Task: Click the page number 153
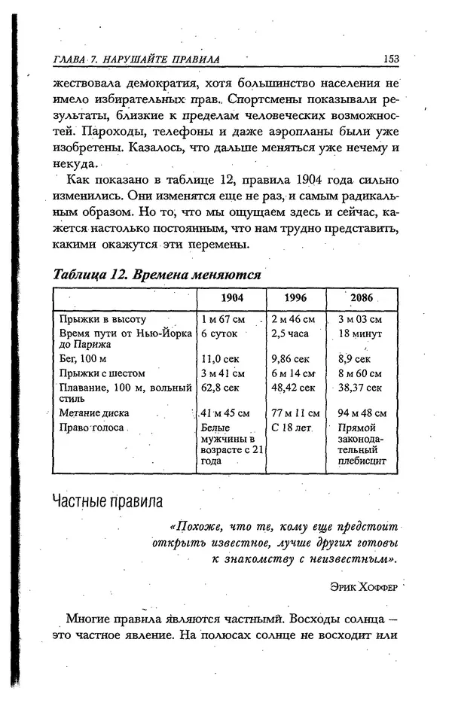[389, 59]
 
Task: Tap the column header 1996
[295, 297]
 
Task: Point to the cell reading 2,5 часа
[292, 333]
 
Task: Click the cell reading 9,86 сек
[291, 359]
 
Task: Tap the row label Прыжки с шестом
[102, 373]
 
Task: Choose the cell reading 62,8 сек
[220, 387]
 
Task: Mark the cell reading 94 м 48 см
[362, 412]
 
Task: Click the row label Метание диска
[94, 412]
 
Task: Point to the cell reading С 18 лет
[292, 427]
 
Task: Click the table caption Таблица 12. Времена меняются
[157, 275]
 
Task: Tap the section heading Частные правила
[107, 501]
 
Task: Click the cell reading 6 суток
[219, 333]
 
